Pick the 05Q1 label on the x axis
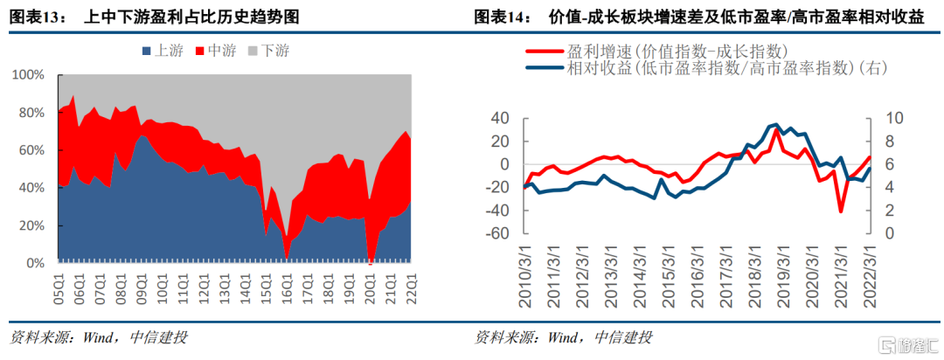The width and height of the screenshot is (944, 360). [60, 289]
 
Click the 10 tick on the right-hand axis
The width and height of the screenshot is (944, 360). [888, 118]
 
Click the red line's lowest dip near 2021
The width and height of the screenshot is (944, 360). [841, 211]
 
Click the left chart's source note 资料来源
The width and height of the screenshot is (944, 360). [96, 338]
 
